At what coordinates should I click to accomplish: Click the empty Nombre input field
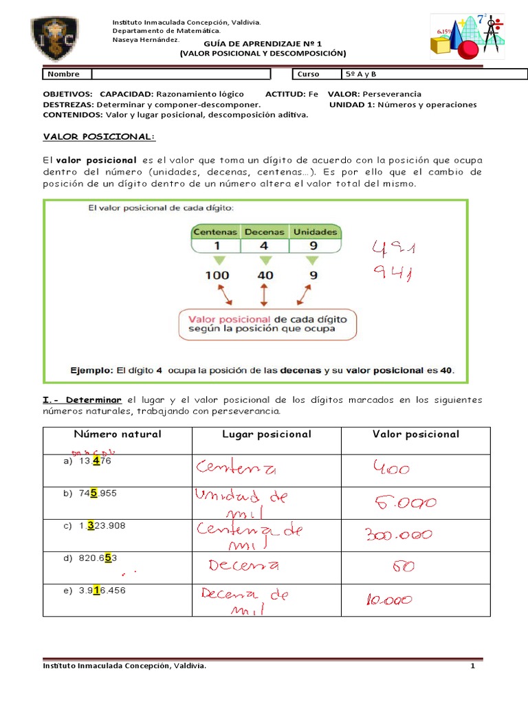(x=181, y=74)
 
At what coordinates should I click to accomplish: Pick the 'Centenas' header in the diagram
(x=215, y=232)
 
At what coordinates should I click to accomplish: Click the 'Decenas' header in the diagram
(x=265, y=232)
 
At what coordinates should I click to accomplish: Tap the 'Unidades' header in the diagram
(x=315, y=232)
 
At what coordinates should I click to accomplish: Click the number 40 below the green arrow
(x=265, y=275)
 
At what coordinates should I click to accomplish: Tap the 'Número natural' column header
(x=118, y=434)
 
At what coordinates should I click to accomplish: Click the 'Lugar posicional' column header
(x=267, y=434)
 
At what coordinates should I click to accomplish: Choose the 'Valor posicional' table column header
(x=416, y=434)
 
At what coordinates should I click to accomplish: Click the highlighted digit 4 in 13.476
(x=97, y=461)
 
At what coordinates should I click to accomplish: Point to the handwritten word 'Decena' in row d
(x=243, y=566)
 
